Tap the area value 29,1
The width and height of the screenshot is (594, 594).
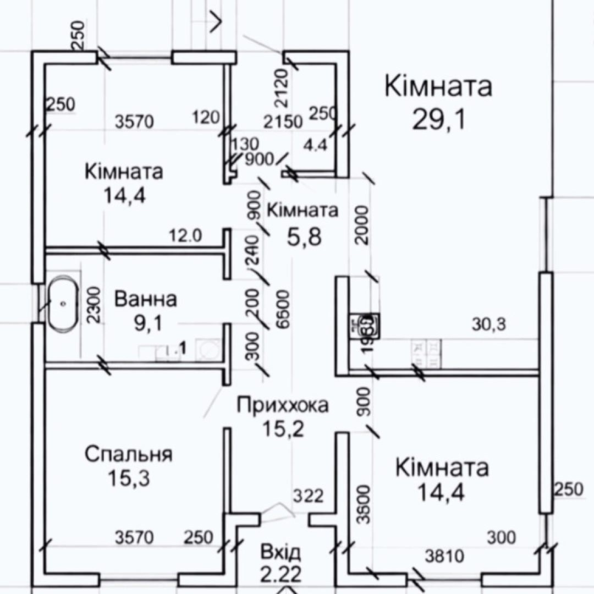(438, 119)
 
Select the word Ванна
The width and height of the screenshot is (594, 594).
(146, 300)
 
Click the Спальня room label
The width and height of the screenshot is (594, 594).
(129, 455)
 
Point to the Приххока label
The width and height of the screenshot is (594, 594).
(283, 405)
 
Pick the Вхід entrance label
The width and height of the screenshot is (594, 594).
(281, 552)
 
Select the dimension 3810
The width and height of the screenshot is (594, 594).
(445, 557)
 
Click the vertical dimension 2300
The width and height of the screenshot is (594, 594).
(94, 305)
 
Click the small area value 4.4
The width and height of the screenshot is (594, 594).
(316, 146)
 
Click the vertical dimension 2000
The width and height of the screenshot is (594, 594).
(361, 225)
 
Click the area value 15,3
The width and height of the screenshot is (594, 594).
(129, 479)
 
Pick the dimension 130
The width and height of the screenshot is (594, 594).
(245, 145)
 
